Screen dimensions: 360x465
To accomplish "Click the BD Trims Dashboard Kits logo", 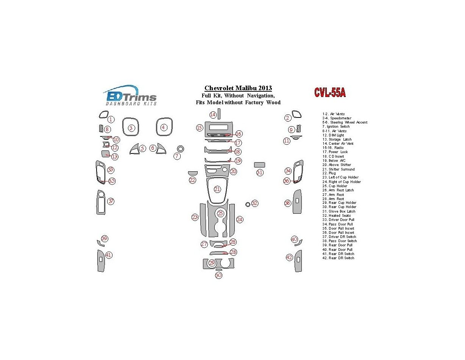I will pos(130,95).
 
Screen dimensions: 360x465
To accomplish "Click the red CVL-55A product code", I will pos(329,93).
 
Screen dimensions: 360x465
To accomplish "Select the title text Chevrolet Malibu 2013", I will pos(238,88).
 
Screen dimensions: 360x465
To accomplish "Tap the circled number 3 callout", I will pos(131,128).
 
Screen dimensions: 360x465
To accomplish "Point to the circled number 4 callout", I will pos(163,127).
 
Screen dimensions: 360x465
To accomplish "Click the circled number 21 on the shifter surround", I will pos(217,189).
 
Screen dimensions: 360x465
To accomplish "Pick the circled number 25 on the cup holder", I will pos(220,214).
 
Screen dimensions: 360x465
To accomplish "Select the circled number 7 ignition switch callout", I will pos(177,156).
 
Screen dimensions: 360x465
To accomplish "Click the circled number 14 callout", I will pos(213,115).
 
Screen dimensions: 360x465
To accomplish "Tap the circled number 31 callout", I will pos(259,173).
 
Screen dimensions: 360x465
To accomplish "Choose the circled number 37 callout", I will pos(111,201).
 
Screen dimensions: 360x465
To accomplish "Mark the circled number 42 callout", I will pos(289,258).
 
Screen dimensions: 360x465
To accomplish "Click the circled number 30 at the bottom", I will pos(218,275).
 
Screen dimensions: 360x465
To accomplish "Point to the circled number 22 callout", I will pos(192,180).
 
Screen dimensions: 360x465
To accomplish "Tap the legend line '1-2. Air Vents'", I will pos(333,114).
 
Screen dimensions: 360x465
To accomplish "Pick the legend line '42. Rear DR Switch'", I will pos(338,258).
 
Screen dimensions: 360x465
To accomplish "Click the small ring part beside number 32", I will pos(247,204).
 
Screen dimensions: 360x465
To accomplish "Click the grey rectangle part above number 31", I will pos(259,164).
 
